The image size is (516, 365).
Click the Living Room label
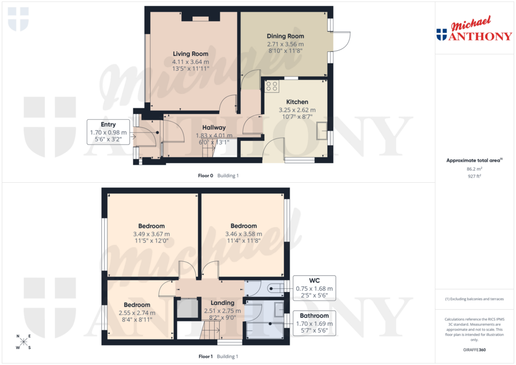(190, 54)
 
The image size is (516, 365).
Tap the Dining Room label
(285, 36)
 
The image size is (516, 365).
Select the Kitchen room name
(297, 102)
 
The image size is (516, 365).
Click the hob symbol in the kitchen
(272, 86)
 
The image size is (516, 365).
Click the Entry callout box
(108, 132)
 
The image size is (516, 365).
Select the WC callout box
(314, 288)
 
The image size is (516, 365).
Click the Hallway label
(214, 127)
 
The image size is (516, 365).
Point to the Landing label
(222, 303)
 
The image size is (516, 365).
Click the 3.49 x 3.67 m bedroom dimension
(151, 234)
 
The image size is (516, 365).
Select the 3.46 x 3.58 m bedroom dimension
(243, 234)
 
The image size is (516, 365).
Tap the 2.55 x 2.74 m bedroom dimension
(137, 313)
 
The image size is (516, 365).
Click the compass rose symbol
(23, 342)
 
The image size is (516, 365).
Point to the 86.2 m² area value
(474, 170)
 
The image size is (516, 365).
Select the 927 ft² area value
(474, 177)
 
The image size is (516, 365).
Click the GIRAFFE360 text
(474, 349)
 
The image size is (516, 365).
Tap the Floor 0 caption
(205, 176)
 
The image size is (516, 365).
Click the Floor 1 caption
(205, 356)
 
